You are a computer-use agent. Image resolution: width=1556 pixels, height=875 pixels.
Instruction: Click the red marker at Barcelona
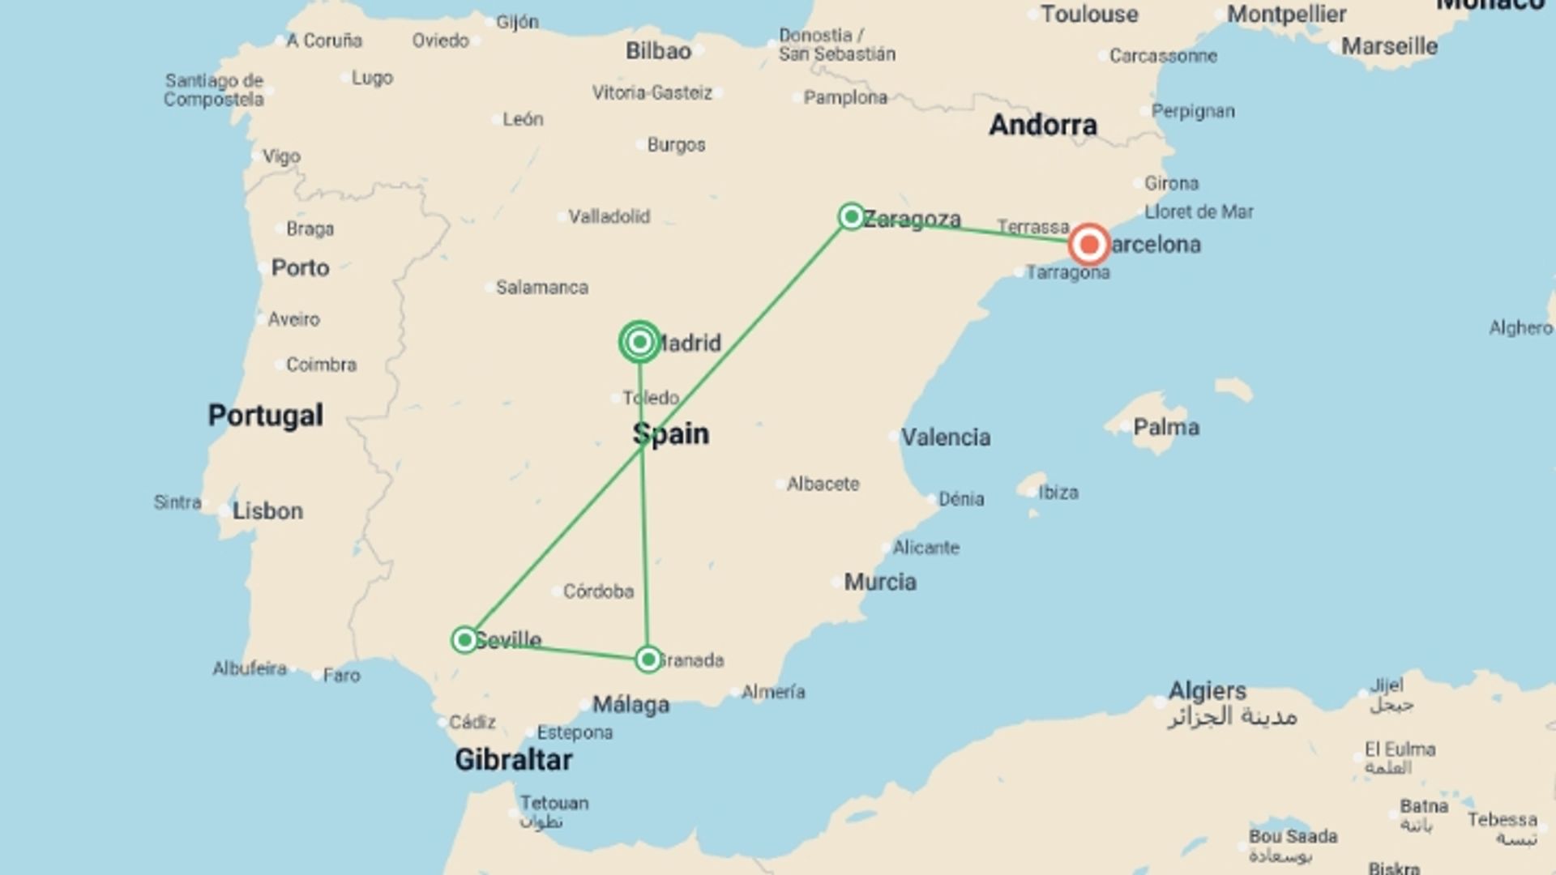(x=1088, y=244)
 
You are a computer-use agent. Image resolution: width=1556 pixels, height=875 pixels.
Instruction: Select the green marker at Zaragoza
(x=851, y=216)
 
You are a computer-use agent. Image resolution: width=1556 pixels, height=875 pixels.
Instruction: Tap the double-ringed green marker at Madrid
(x=639, y=342)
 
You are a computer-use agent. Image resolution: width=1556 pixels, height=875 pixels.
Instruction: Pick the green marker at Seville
(x=464, y=640)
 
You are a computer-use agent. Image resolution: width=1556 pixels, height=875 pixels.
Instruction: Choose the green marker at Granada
(x=648, y=659)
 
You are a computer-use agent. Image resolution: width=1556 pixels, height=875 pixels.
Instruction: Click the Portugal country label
(x=265, y=415)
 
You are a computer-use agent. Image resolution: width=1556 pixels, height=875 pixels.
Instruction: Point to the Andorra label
(x=1043, y=125)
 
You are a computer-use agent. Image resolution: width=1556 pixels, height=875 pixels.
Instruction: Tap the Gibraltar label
(x=513, y=759)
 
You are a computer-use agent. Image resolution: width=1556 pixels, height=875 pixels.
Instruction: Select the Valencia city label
(x=946, y=437)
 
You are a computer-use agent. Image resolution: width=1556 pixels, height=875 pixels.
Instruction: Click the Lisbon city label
(x=267, y=511)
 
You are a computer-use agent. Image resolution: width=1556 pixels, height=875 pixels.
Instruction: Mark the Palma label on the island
(x=1165, y=427)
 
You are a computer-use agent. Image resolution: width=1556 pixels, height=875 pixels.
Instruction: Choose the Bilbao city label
(x=658, y=51)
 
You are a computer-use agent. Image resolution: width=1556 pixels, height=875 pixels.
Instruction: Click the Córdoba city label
(x=598, y=591)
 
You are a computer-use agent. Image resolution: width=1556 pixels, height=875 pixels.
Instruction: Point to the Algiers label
(x=1207, y=690)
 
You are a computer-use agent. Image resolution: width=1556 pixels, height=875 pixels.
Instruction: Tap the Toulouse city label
(x=1089, y=14)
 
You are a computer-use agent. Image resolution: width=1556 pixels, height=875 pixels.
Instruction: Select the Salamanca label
(x=541, y=287)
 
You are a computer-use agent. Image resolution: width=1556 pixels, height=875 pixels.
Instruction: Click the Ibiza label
(x=1058, y=493)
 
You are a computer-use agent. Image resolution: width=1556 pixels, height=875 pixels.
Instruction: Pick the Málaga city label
(x=631, y=704)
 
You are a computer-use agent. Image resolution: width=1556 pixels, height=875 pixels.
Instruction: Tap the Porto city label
(x=300, y=267)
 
